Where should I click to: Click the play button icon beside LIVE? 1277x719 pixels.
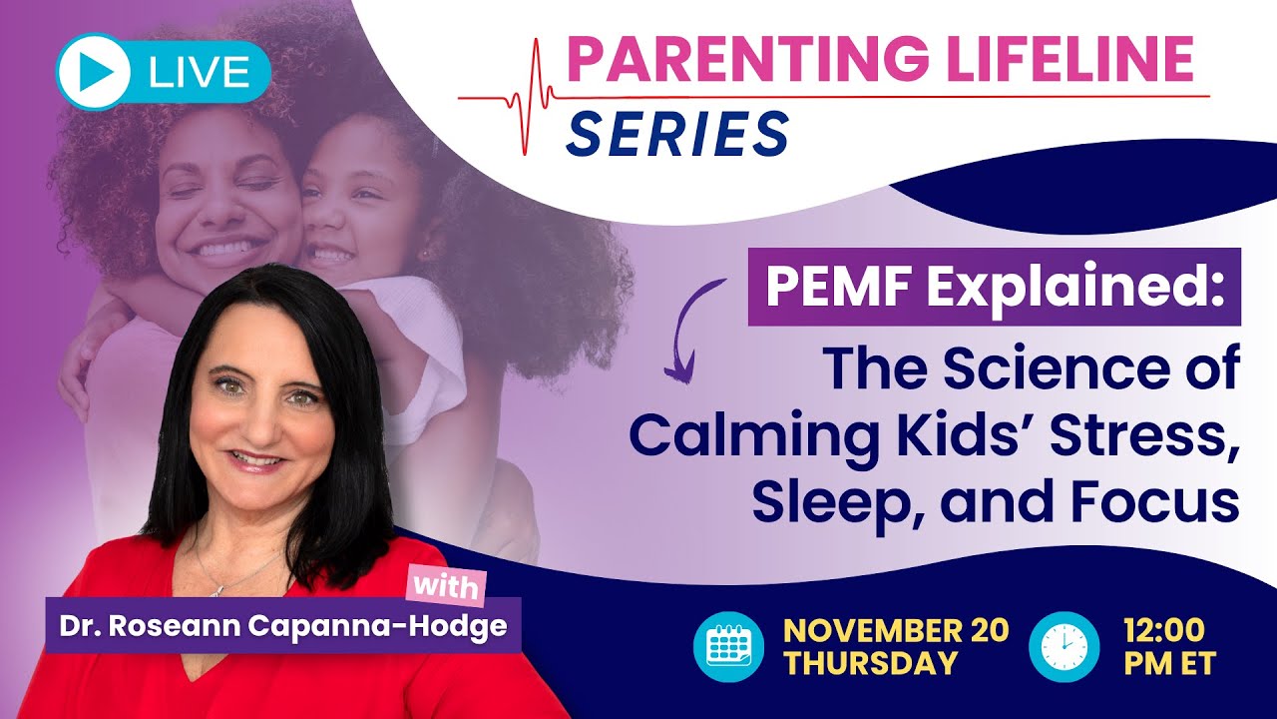click(95, 71)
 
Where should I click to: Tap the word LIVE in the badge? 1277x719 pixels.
click(198, 72)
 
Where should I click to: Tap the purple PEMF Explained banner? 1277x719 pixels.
click(994, 287)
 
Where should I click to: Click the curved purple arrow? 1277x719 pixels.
click(693, 330)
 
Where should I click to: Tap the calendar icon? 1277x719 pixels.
click(728, 646)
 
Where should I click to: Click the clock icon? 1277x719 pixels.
click(1064, 646)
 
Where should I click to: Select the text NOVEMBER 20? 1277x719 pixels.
click(895, 630)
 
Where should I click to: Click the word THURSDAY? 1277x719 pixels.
click(870, 663)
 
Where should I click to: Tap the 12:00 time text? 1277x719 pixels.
click(1163, 630)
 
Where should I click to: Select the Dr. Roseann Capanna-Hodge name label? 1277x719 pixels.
click(283, 626)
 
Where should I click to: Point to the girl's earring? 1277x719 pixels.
click(422, 254)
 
